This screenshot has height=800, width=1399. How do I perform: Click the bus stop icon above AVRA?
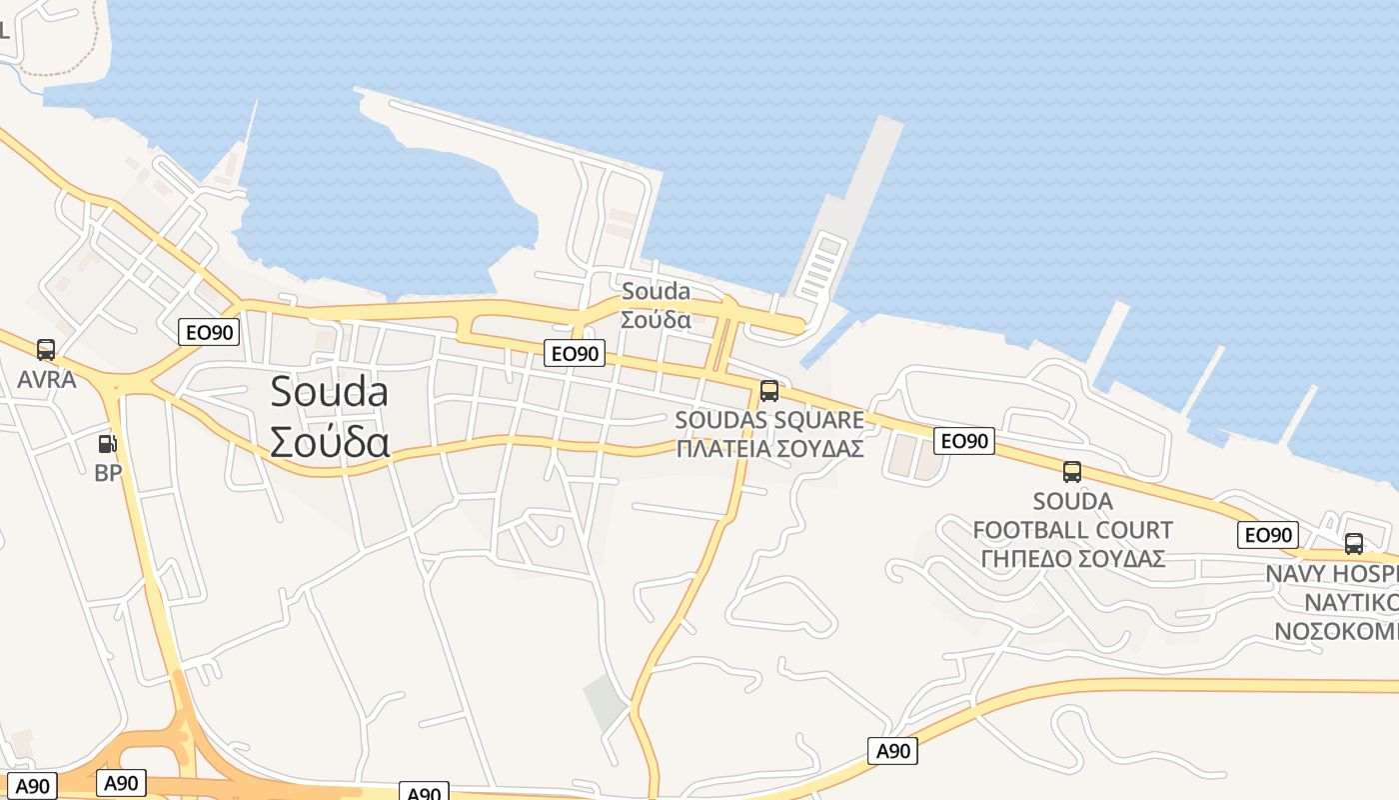(46, 349)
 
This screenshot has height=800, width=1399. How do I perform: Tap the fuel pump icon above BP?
(107, 442)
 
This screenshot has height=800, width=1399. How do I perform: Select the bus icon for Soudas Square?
(768, 391)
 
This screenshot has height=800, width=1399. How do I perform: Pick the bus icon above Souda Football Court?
(1072, 472)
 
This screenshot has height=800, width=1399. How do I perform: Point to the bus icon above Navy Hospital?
(1354, 544)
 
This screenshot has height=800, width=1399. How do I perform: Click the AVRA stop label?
(47, 380)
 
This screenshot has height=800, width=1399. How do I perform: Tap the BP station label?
(108, 473)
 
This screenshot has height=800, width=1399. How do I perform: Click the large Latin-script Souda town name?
(329, 392)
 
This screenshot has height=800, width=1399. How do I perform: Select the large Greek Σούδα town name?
(329, 441)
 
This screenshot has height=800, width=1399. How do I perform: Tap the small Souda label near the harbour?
(656, 291)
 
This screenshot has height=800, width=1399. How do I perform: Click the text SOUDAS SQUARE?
(769, 420)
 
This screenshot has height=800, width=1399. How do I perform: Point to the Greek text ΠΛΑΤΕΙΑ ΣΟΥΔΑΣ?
(769, 448)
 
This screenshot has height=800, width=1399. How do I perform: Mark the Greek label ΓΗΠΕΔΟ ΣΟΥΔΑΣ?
(1072, 558)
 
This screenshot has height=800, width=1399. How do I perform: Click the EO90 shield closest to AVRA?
(209, 332)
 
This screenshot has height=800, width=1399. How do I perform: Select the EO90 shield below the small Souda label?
(576, 353)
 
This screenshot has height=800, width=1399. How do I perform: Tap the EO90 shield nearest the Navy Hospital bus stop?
(1268, 535)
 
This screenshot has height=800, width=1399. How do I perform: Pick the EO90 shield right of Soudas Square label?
(964, 441)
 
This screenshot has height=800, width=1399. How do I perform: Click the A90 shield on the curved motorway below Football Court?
(892, 750)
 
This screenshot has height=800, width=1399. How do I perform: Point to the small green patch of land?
(606, 701)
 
